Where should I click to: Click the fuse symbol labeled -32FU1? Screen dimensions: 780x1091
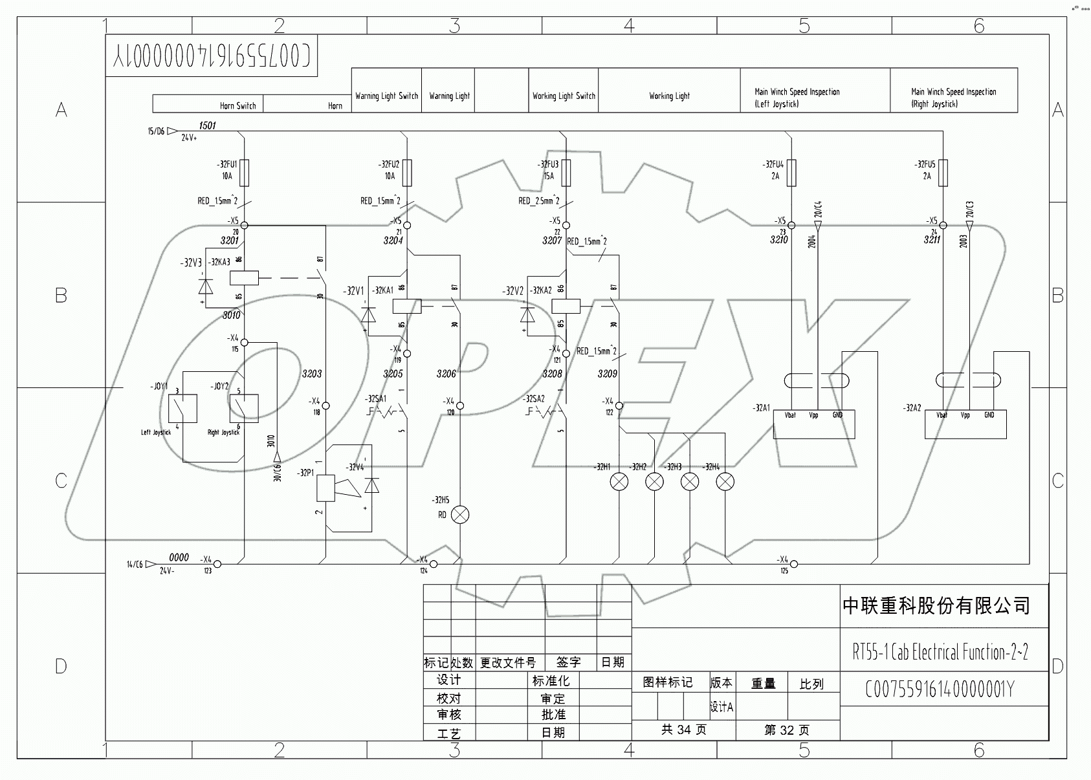pyautogui.click(x=245, y=173)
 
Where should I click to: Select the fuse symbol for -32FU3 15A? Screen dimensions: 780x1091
pyautogui.click(x=566, y=173)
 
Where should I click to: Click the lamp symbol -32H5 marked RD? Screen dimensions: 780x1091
pyautogui.click(x=460, y=515)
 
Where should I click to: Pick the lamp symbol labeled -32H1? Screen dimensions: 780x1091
pyautogui.click(x=620, y=482)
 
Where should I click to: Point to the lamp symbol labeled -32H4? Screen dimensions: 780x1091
pyautogui.click(x=726, y=482)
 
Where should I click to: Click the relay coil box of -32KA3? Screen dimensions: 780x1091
pyautogui.click(x=244, y=278)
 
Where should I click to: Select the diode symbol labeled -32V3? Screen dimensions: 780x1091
pyautogui.click(x=205, y=285)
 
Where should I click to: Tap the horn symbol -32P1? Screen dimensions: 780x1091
pyautogui.click(x=325, y=488)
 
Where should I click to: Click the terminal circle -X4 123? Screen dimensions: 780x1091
pyautogui.click(x=217, y=564)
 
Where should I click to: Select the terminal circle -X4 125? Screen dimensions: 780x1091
pyautogui.click(x=794, y=564)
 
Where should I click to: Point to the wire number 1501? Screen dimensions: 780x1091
pyautogui.click(x=207, y=125)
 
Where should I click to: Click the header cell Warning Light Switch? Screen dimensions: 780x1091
pyautogui.click(x=386, y=96)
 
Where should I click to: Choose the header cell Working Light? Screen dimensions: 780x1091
pyautogui.click(x=669, y=96)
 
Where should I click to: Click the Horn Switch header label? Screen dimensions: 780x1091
pyautogui.click(x=237, y=105)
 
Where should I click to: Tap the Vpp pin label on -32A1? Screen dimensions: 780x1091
pyautogui.click(x=813, y=415)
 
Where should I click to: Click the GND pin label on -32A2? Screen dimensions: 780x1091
pyautogui.click(x=989, y=415)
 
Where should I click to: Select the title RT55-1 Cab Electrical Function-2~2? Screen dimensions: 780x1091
pyautogui.click(x=940, y=652)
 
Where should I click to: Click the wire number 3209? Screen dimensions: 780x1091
pyautogui.click(x=607, y=374)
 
